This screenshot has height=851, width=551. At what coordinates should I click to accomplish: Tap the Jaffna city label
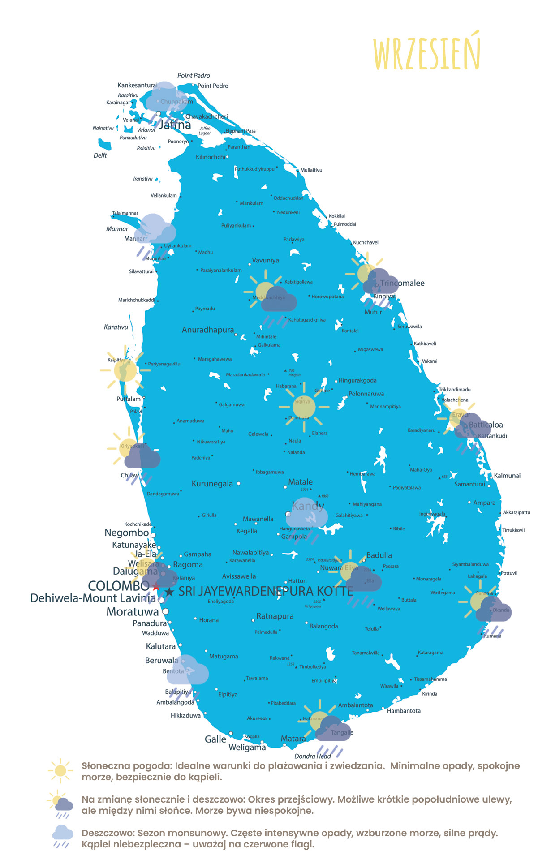(x=175, y=125)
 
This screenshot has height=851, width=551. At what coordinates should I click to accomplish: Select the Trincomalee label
(x=402, y=283)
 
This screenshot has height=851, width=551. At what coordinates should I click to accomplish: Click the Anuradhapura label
(x=208, y=330)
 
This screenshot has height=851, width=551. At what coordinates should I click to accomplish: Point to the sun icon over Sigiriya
(x=304, y=407)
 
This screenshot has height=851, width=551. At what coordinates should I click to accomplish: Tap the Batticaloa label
(x=486, y=425)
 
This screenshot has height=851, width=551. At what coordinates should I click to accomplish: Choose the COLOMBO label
(x=118, y=586)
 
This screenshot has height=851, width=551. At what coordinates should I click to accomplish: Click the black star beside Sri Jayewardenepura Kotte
(x=169, y=592)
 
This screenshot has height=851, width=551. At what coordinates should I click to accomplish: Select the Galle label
(x=215, y=739)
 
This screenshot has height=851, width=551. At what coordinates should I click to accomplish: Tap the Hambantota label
(x=404, y=711)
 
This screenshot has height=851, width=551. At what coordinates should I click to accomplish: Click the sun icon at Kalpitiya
(x=125, y=370)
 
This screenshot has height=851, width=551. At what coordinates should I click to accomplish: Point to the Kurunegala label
(x=212, y=484)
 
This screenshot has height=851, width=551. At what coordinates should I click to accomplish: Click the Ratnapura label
(x=275, y=616)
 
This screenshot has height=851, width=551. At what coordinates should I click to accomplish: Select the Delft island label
(x=100, y=155)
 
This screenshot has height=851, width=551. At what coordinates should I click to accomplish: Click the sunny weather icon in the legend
(x=60, y=771)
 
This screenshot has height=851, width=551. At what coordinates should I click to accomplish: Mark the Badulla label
(x=379, y=555)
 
